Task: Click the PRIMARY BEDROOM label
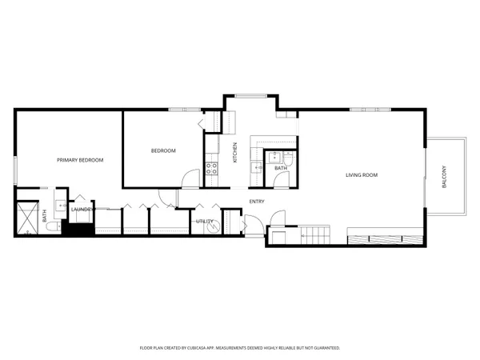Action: pyautogui.click(x=80, y=160)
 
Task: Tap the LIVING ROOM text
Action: pyautogui.click(x=362, y=174)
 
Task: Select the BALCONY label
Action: pyautogui.click(x=445, y=176)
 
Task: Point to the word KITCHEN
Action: pyautogui.click(x=235, y=152)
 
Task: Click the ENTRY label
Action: pyautogui.click(x=257, y=202)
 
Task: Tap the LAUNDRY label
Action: pyautogui.click(x=82, y=210)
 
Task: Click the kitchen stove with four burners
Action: pyautogui.click(x=212, y=168)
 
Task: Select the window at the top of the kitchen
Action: pyautogui.click(x=251, y=97)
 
